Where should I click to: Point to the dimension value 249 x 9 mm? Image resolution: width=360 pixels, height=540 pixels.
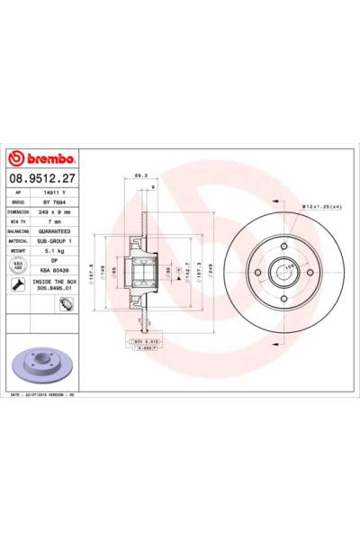point(58,212)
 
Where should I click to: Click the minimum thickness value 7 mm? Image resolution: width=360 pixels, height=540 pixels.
point(58,221)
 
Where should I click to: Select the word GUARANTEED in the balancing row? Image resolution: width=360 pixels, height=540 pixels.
point(58,231)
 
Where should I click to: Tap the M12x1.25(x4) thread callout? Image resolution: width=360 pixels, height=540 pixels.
point(320,209)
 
